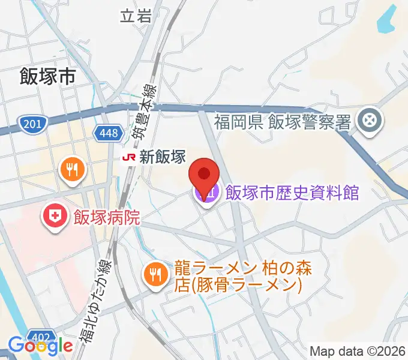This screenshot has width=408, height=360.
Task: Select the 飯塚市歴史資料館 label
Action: coord(292,193)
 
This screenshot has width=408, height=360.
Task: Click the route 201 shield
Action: coord(32,124)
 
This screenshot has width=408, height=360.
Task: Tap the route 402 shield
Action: coord(43,334)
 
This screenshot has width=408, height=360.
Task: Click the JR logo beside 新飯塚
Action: coord(128,157)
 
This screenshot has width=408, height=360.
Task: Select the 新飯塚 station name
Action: coord(163,157)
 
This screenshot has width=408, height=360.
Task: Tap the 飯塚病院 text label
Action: coord(107,216)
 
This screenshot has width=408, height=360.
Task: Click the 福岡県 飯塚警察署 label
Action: coord(283,123)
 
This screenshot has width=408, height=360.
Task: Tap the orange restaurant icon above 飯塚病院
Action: coord(73,169)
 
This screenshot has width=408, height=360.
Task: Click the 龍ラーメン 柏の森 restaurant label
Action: coord(238,275)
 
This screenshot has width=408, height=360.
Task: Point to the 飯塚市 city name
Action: coord(48,77)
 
